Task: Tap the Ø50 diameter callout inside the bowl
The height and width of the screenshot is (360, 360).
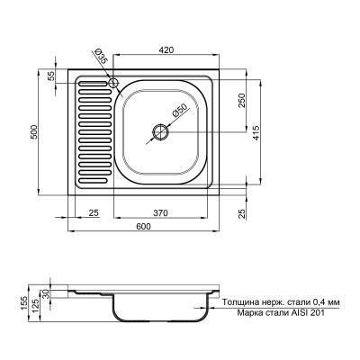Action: [179, 111]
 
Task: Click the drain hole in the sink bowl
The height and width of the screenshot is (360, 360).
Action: [160, 131]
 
